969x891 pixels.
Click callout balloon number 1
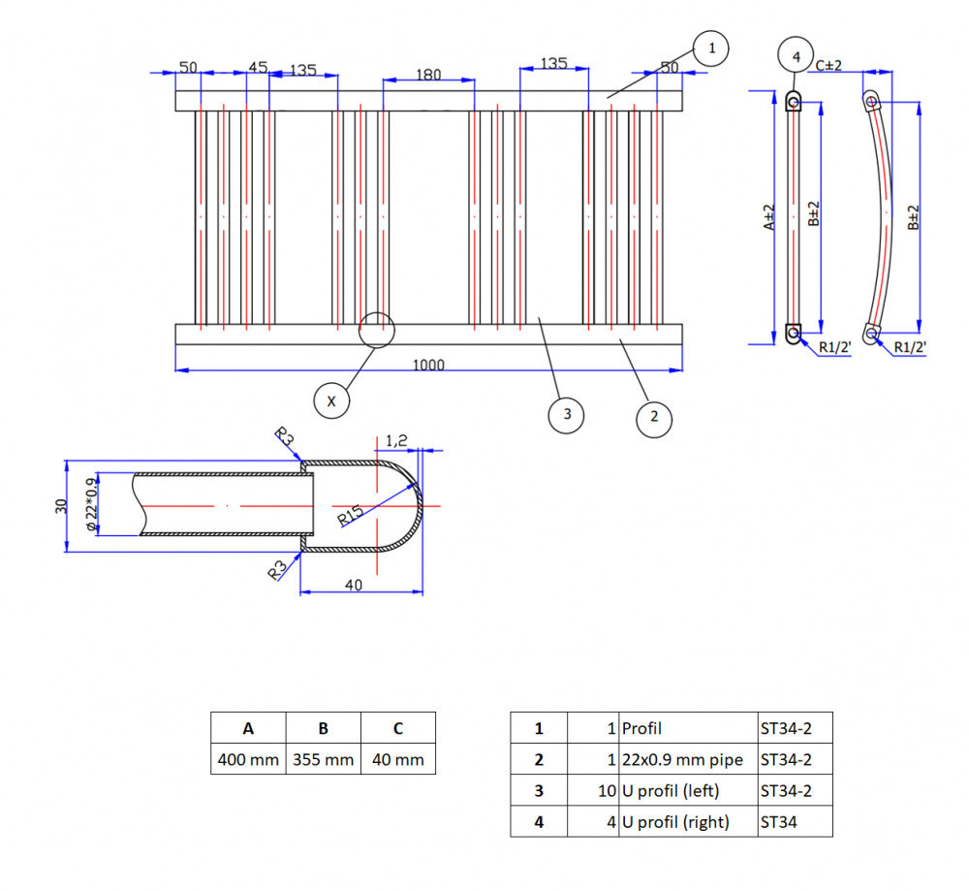(x=710, y=47)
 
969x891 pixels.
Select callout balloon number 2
(x=654, y=417)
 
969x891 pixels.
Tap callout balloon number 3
(x=566, y=415)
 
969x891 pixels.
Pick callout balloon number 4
(x=796, y=57)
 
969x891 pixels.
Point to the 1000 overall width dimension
(x=428, y=365)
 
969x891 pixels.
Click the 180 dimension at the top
(x=428, y=75)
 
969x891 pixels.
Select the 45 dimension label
(x=257, y=67)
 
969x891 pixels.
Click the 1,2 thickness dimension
(x=397, y=441)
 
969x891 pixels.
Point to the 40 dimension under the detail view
(x=353, y=585)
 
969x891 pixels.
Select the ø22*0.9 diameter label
(x=92, y=504)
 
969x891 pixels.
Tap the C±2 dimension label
(x=829, y=65)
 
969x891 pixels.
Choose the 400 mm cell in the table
(x=248, y=759)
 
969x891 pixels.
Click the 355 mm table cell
(x=323, y=759)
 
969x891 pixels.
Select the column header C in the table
(x=398, y=729)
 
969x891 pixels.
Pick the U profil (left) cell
(x=671, y=790)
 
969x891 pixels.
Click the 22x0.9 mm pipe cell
(x=682, y=759)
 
